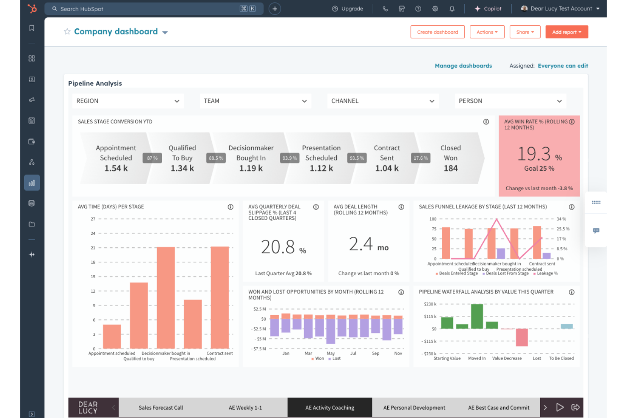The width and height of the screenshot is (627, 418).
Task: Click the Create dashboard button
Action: click(x=437, y=32)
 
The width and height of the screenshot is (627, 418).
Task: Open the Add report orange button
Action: click(x=566, y=32)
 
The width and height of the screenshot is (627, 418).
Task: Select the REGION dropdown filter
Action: click(x=128, y=101)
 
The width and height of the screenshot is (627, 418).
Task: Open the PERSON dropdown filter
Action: click(x=510, y=101)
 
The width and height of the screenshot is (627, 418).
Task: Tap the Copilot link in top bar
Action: click(x=488, y=9)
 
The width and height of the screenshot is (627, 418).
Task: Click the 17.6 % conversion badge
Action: click(x=420, y=158)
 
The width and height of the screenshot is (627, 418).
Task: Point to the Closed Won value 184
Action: click(x=450, y=169)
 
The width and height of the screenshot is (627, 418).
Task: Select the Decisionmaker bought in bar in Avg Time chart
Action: click(x=166, y=297)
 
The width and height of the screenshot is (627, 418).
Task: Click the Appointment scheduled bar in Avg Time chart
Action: click(x=112, y=336)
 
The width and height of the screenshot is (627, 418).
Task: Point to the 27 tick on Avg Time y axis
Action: click(x=93, y=219)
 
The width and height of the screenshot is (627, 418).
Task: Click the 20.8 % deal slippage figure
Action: click(x=283, y=247)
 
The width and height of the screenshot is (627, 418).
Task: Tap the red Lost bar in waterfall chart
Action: click(x=522, y=337)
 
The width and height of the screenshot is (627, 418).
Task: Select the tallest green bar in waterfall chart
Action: click(x=477, y=316)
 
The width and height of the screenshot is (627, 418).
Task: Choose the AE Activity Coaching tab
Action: click(x=330, y=408)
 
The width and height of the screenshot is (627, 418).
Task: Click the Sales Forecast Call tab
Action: click(x=161, y=408)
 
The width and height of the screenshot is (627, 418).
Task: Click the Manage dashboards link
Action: click(x=463, y=66)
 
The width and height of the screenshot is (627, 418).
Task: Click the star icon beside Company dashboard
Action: click(x=67, y=32)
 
